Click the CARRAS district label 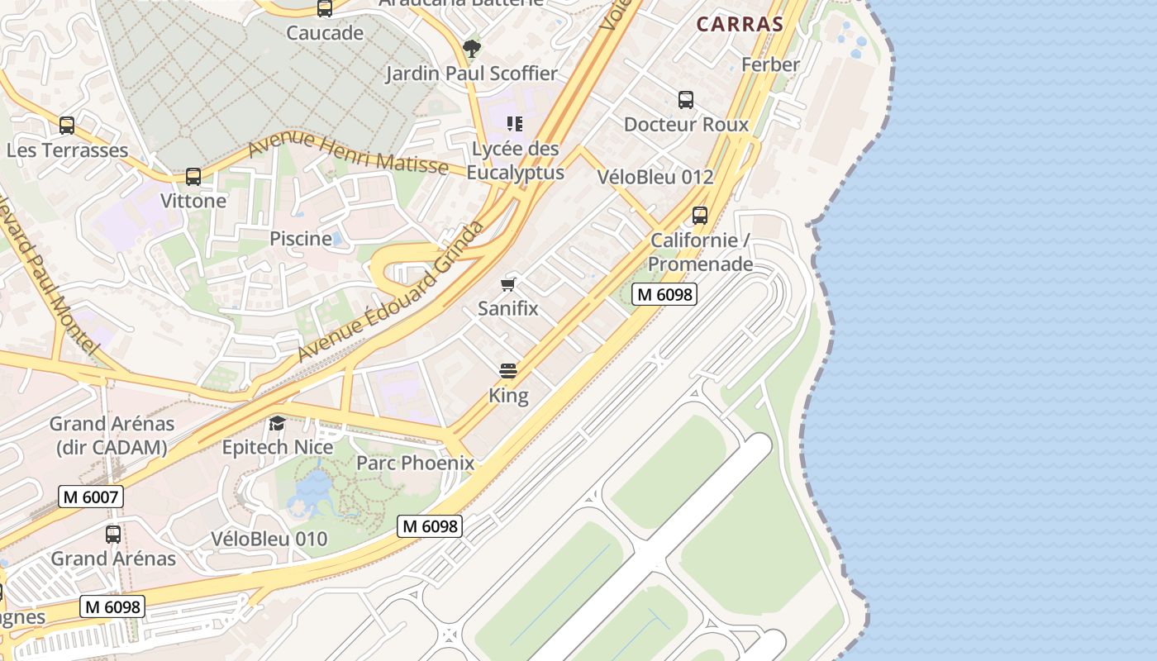tap(739, 24)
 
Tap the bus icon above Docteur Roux tap(686, 100)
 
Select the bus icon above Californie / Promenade tap(700, 216)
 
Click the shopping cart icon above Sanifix tap(508, 285)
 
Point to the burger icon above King tap(508, 371)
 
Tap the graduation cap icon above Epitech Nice tap(277, 424)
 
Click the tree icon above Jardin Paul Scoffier tap(471, 48)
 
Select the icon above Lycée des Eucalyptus tap(515, 124)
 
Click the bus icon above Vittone tap(193, 176)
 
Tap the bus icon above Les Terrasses tap(67, 126)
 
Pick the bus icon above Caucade tap(325, 9)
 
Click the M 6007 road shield tap(92, 497)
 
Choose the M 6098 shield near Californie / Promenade tap(664, 293)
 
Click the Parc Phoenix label tap(415, 463)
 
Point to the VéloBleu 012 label tap(655, 177)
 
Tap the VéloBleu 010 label tap(269, 539)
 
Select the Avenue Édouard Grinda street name tap(390, 292)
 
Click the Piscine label tap(301, 239)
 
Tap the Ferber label tap(770, 64)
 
